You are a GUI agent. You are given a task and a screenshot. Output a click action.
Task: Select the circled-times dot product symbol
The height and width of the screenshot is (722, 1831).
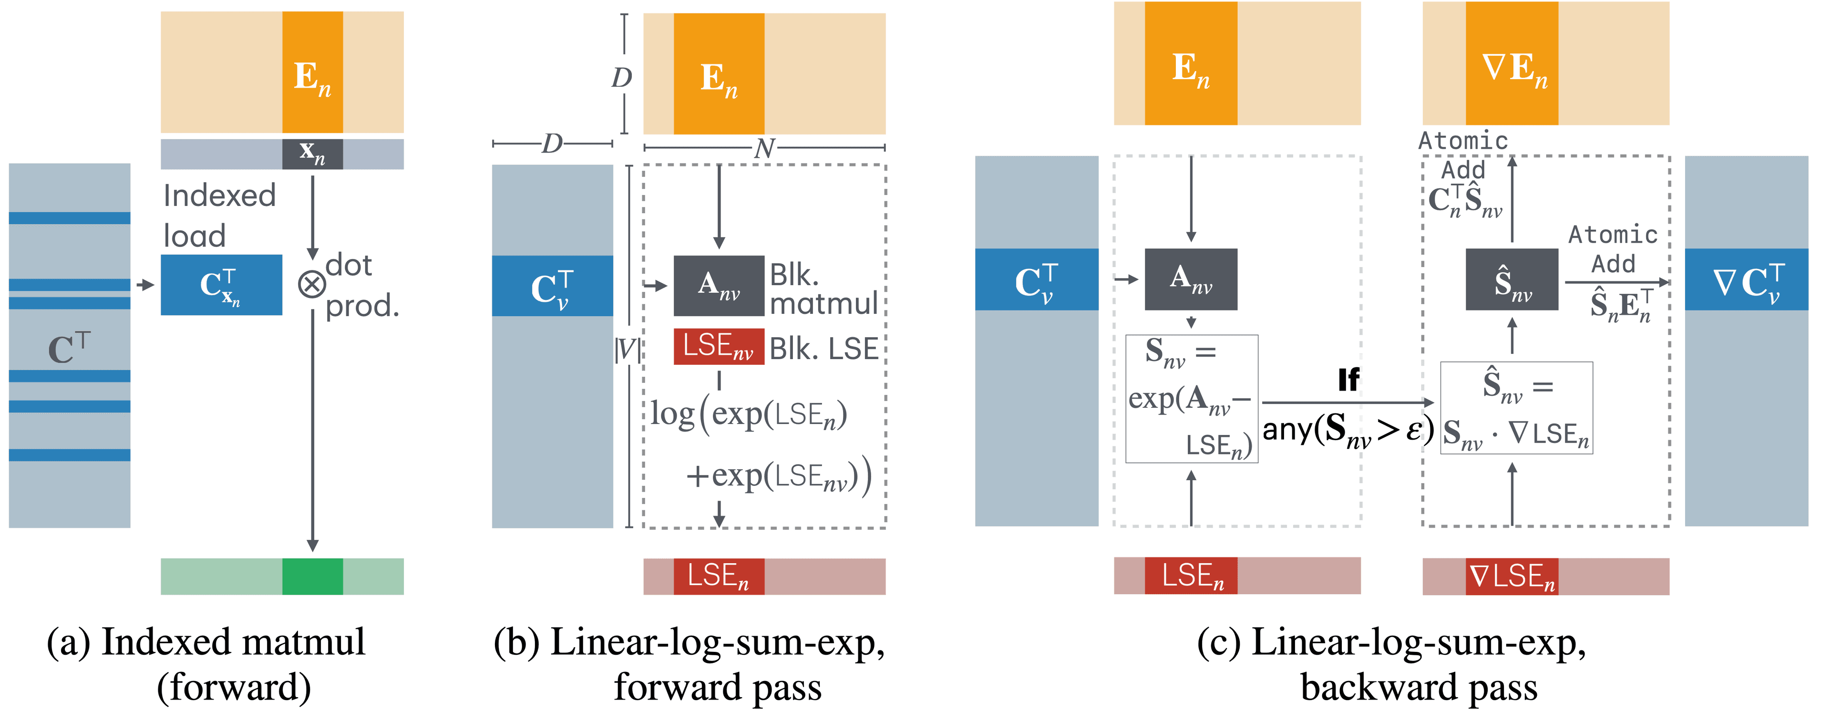pyautogui.click(x=311, y=284)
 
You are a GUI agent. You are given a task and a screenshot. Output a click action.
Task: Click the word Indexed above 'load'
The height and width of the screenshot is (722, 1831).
pyautogui.click(x=219, y=196)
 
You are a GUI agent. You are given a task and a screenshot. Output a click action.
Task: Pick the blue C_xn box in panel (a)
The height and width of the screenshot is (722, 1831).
pyautogui.click(x=221, y=285)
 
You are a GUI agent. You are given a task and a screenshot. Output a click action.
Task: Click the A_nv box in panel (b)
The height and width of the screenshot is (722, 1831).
pyautogui.click(x=719, y=285)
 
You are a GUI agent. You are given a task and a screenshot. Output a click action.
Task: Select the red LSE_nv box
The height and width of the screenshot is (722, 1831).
pyautogui.click(x=719, y=346)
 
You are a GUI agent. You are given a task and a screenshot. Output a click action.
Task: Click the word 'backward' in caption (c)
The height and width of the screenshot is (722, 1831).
pyautogui.click(x=1379, y=687)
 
